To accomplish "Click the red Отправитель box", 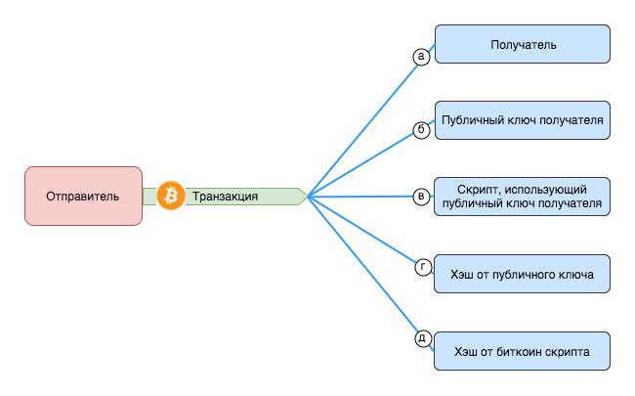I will (83, 196).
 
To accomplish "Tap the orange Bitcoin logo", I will (171, 196).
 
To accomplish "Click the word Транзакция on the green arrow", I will (226, 197).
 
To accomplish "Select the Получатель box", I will (522, 45).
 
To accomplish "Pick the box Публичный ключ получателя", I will (522, 120).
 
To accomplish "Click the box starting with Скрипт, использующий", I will (522, 196).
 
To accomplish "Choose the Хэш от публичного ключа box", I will (522, 274).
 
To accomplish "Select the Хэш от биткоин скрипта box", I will (522, 350).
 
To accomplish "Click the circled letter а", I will (422, 57).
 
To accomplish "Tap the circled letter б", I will (422, 129).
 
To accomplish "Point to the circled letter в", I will (422, 197).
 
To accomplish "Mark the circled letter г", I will (423, 266).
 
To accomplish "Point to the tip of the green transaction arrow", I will (306, 196).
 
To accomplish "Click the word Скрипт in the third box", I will (477, 188).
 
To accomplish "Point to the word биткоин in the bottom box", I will (529, 350).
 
